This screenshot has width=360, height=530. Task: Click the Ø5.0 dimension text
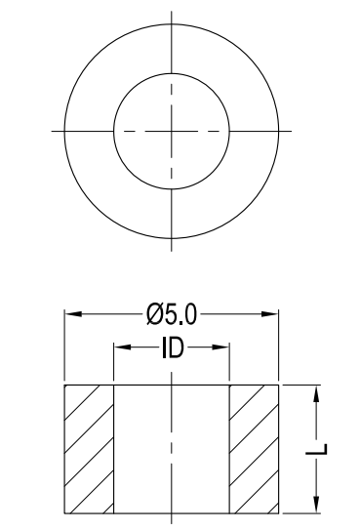(172, 314)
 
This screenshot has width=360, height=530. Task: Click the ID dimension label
(173, 347)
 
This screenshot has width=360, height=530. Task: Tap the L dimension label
(316, 449)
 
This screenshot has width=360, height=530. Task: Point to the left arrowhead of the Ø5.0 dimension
(73, 314)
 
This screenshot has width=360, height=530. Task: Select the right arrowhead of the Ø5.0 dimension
(270, 314)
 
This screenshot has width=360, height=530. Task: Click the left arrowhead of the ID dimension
(122, 347)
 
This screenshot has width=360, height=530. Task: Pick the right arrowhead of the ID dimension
(220, 347)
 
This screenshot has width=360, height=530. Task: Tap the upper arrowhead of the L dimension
(316, 393)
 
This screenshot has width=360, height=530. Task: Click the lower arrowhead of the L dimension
(316, 505)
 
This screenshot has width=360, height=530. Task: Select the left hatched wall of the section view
(89, 449)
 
